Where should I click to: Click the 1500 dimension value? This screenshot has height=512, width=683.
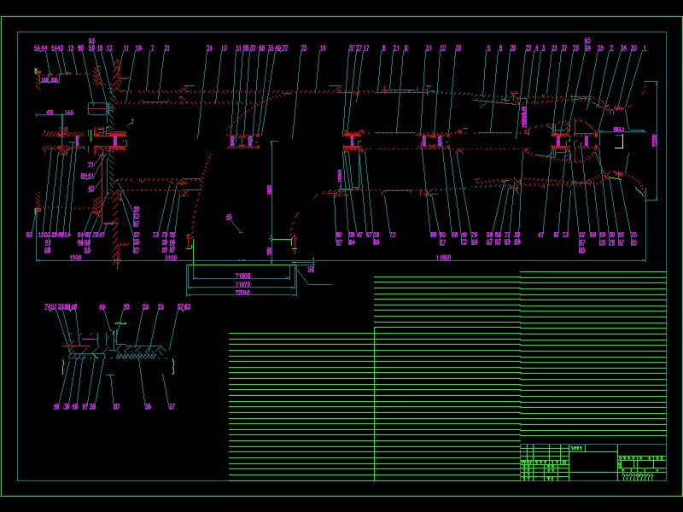75,257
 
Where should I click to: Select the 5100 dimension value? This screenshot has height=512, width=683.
171,257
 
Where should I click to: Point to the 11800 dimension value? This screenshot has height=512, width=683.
443,257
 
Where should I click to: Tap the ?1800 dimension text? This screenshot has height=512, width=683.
242,276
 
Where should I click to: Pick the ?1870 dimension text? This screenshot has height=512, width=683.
242,284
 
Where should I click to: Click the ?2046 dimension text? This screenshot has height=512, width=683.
242,292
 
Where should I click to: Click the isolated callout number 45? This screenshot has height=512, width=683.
228,217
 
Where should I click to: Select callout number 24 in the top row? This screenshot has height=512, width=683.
209,49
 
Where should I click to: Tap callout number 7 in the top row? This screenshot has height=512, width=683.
152,49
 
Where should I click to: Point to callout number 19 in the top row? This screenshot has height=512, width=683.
323,49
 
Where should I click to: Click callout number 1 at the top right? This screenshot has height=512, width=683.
644,49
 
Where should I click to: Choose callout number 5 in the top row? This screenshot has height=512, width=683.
488,49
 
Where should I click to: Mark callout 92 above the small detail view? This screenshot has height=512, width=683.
126,306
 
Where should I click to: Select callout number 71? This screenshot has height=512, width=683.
90,165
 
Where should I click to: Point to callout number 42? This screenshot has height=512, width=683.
90,189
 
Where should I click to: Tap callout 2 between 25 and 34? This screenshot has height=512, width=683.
611,49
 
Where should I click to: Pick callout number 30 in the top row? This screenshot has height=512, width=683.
633,49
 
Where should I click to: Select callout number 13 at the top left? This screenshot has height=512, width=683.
71,49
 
